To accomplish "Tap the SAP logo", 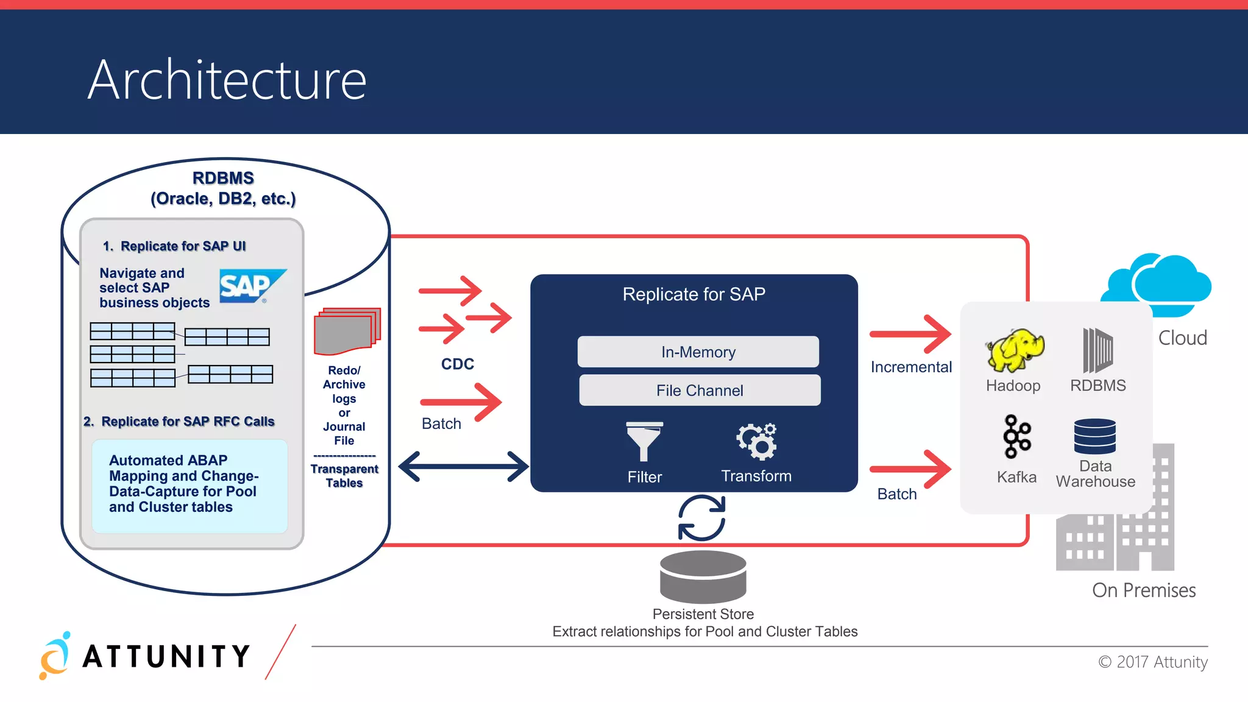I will (251, 286).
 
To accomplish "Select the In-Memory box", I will (698, 352).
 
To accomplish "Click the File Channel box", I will (700, 391).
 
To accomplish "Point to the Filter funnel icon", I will (644, 441).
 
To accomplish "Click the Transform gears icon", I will (757, 441).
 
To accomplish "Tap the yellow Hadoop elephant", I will (1015, 350).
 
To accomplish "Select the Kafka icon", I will (1016, 436).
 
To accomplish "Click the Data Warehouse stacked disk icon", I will (1095, 436).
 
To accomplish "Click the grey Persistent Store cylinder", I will (703, 576).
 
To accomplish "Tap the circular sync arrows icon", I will (702, 518).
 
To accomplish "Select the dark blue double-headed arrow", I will (463, 467).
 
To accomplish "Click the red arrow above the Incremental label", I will (910, 334).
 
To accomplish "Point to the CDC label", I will (458, 364).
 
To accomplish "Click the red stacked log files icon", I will (346, 331).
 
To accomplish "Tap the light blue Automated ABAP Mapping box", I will (190, 485).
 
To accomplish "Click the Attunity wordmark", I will (166, 656).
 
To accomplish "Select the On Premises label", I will (1144, 590).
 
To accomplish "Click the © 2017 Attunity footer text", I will (1153, 662).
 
